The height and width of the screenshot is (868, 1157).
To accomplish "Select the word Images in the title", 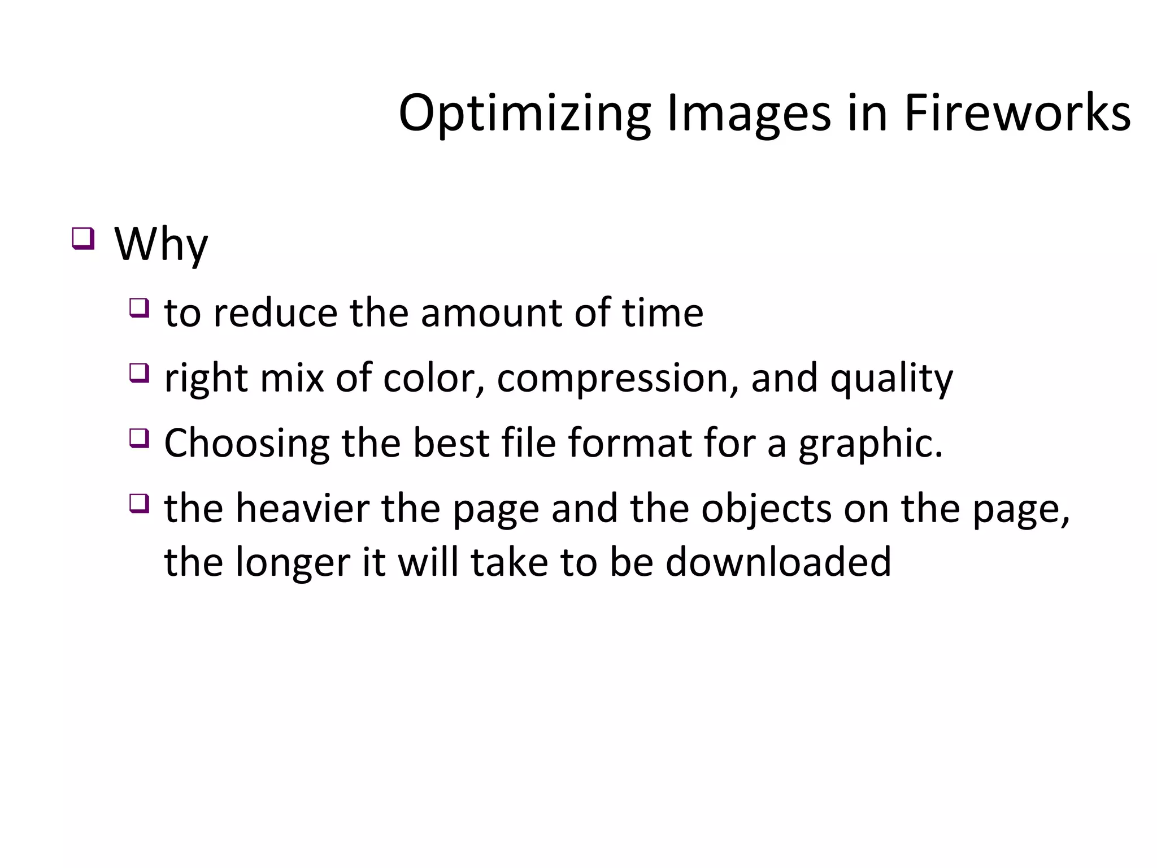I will [749, 114].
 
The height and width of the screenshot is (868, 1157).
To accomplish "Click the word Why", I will [161, 245].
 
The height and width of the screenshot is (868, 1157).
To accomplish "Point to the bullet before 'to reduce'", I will [139, 308].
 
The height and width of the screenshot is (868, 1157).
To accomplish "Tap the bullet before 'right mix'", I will [139, 373].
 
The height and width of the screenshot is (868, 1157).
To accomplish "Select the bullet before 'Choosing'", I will [139, 438].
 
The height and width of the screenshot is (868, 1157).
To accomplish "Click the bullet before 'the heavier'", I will [139, 503].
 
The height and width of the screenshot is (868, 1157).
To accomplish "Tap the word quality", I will [891, 379].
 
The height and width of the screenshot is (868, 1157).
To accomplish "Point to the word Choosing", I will [246, 444].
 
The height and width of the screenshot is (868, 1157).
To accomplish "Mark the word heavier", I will [302, 508].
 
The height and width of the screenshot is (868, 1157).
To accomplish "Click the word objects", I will [766, 509].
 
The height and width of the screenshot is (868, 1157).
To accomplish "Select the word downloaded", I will [778, 562].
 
